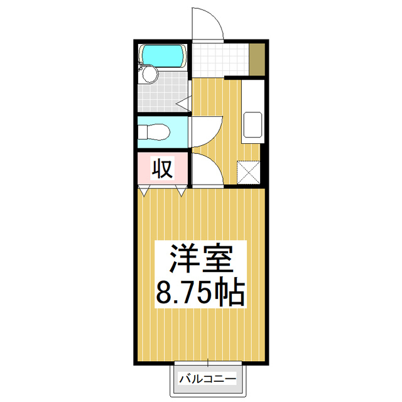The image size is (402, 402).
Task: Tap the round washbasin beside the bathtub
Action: pos(149,75)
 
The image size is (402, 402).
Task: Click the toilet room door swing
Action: pos(206,131)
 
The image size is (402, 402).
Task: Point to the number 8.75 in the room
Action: pos(182,292)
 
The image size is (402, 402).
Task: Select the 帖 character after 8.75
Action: pos(227,292)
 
